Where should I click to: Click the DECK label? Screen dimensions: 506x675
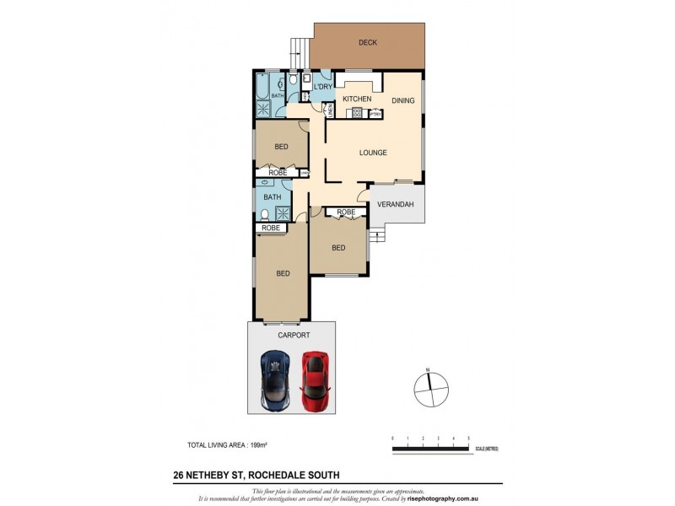[367, 42]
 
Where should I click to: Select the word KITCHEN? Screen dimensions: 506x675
[357, 100]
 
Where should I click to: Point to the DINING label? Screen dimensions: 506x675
[402, 100]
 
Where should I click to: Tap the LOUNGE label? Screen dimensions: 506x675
[372, 153]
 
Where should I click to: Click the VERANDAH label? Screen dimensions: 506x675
[393, 205]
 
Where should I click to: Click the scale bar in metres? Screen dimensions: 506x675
[430, 448]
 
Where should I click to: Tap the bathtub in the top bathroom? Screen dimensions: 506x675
[262, 86]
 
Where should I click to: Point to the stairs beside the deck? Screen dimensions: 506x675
[298, 52]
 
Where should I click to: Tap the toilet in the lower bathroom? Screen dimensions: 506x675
[266, 215]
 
